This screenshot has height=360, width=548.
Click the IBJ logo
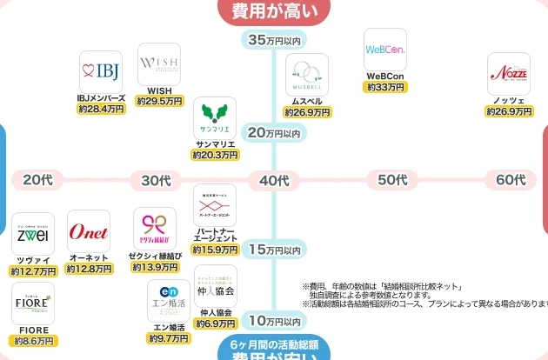click(99, 68)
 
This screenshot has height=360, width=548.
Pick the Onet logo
click(89, 231)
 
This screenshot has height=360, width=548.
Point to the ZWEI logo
click(33, 234)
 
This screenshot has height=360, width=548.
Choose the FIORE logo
click(33, 303)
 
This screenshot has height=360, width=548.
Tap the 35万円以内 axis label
click(274, 40)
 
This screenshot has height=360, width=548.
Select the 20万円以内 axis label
click(274, 133)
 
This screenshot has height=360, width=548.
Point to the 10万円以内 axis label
click(274, 321)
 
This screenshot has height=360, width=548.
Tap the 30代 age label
click(156, 181)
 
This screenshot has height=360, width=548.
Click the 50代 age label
click(392, 181)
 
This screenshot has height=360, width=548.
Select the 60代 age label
click(511, 181)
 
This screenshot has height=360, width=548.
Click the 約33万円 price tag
click(385, 87)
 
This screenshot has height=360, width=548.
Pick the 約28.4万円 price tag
click(101, 110)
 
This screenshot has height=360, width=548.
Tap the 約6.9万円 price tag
click(215, 323)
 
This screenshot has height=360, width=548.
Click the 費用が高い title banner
click(275, 10)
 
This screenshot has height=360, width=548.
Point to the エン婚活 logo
click(168, 300)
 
